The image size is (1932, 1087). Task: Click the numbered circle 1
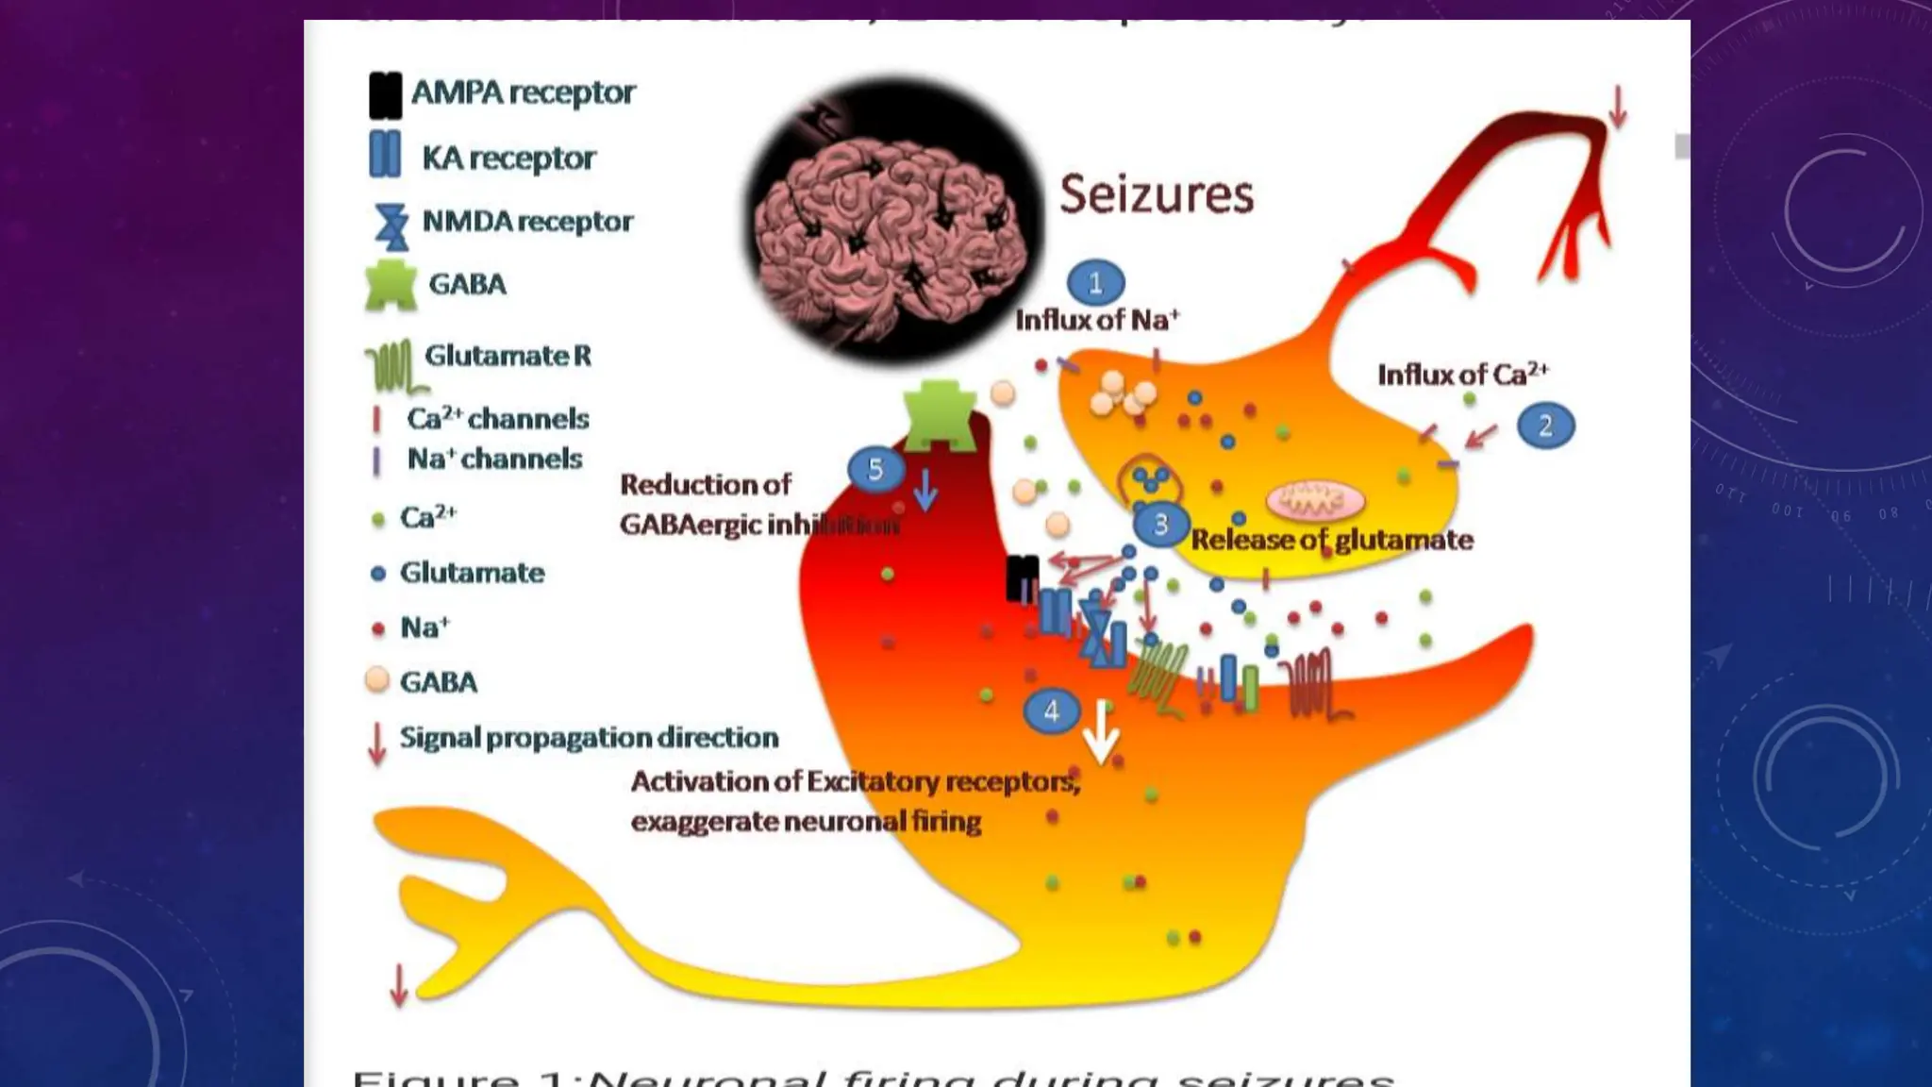pos(1095,283)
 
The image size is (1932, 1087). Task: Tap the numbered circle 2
pos(1545,426)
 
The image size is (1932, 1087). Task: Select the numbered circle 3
pos(1160,525)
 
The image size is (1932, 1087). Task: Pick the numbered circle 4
pos(1052,711)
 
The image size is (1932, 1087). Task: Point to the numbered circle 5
pos(874,469)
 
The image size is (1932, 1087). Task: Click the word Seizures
pos(1157,194)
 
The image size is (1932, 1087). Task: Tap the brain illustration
pos(891,220)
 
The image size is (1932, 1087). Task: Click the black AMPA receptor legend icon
pos(385,95)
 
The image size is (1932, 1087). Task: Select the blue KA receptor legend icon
pos(385,155)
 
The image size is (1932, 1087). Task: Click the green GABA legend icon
pos(391,285)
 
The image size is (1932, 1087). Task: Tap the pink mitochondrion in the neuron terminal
pos(1314,500)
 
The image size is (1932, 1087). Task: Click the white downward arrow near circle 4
pos(1101,731)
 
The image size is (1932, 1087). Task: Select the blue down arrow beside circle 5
pos(925,489)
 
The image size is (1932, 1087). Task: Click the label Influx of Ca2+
pos(1462,375)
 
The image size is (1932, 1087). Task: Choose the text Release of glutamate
pos(1331,540)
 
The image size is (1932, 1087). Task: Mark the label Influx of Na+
pos(1096,320)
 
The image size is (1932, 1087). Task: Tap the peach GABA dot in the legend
pos(377,680)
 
